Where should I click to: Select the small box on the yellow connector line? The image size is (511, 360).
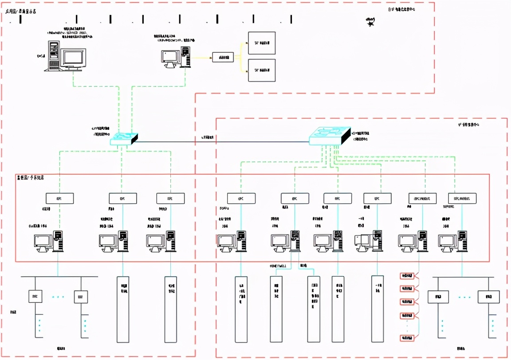click(x=223, y=57)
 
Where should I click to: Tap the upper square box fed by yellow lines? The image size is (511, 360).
click(x=262, y=43)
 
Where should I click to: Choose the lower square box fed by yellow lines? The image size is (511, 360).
click(x=262, y=70)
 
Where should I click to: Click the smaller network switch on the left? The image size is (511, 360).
click(x=124, y=138)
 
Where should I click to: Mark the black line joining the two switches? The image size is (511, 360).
click(x=222, y=142)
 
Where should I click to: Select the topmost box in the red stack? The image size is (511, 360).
click(x=407, y=275)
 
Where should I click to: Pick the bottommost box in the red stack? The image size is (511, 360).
click(x=407, y=338)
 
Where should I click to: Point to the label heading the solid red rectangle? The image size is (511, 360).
click(x=30, y=178)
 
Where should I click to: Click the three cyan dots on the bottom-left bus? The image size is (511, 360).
click(x=58, y=297)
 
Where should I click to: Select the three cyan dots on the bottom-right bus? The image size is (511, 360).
click(x=464, y=297)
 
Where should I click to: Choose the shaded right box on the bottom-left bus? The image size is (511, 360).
click(x=81, y=296)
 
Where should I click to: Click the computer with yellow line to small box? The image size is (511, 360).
click(x=176, y=57)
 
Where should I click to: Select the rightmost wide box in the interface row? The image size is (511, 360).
click(x=462, y=198)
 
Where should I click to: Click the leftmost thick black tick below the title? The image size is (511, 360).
click(x=76, y=19)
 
